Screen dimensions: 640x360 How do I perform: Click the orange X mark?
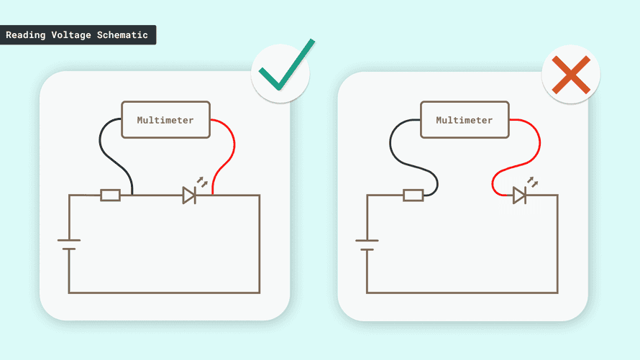pos(571,75)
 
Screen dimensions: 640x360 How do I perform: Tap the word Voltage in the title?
pos(71,35)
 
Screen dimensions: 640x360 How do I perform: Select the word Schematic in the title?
pos(122,35)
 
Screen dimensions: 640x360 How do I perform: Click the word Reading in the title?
pos(25,35)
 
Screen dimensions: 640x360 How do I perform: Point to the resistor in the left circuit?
pos(110,195)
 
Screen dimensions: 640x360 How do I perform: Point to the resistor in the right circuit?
pos(413,195)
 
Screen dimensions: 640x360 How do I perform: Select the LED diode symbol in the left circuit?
pos(189,195)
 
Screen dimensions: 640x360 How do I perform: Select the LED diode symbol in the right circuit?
pos(519,195)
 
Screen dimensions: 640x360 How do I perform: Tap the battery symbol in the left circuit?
pos(69,244)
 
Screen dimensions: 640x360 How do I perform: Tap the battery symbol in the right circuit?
pos(367,244)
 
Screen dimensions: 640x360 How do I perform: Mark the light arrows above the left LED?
pos(202,182)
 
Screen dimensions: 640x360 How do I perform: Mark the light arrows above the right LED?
pos(532,182)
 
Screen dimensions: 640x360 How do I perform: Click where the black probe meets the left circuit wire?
pos(132,195)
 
